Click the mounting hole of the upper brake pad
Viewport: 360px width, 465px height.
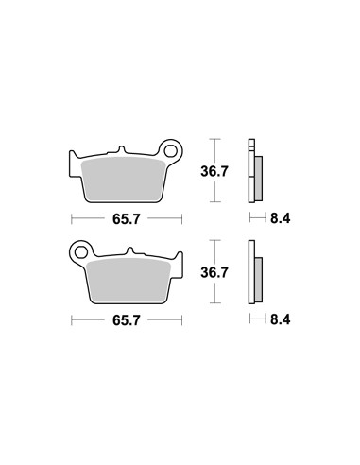pos(170,151)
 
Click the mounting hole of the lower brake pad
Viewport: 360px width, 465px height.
pos(80,252)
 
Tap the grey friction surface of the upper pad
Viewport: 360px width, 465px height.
pos(123,179)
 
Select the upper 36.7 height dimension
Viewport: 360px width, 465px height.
pos(214,172)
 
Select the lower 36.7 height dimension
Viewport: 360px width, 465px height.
pos(214,272)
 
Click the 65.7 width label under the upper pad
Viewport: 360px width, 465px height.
pos(126,219)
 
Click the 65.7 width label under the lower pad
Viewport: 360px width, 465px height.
pos(126,320)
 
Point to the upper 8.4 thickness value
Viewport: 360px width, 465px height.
pos(280,218)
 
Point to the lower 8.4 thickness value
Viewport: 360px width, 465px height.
pos(280,319)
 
